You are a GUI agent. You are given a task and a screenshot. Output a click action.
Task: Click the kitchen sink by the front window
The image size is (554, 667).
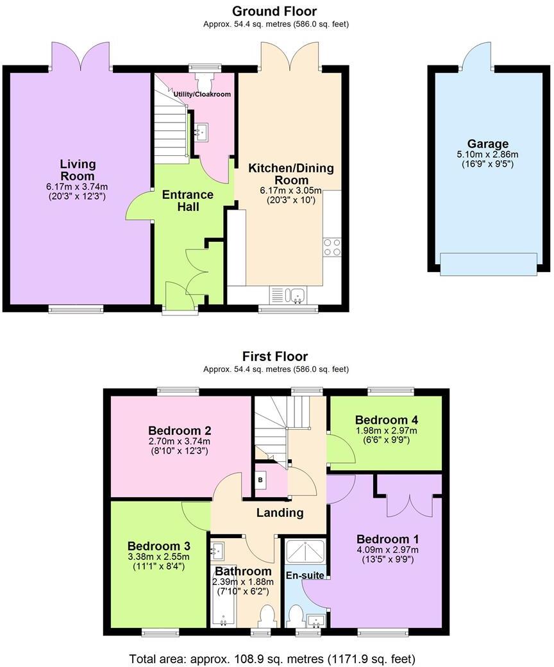click(295, 295)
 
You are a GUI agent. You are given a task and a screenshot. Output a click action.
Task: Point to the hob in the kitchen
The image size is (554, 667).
click(332, 247)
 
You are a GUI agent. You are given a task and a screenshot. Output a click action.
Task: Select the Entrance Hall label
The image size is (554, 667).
click(187, 201)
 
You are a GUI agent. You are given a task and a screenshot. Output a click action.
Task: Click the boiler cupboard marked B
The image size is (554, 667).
click(261, 480)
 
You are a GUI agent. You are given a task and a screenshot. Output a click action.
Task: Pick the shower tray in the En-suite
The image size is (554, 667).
click(304, 551)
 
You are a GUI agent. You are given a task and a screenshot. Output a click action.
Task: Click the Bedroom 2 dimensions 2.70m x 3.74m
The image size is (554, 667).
click(180, 441)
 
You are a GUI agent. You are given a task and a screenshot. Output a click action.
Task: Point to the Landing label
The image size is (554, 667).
click(280, 512)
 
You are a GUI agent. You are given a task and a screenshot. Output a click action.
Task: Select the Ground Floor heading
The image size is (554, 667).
click(274, 11)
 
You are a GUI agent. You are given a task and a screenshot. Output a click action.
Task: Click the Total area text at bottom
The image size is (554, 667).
click(276, 659)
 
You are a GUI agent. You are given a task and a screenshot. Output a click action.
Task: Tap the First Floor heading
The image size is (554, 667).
click(275, 357)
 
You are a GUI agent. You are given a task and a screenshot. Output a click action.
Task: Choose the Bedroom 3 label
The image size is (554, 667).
click(158, 546)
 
